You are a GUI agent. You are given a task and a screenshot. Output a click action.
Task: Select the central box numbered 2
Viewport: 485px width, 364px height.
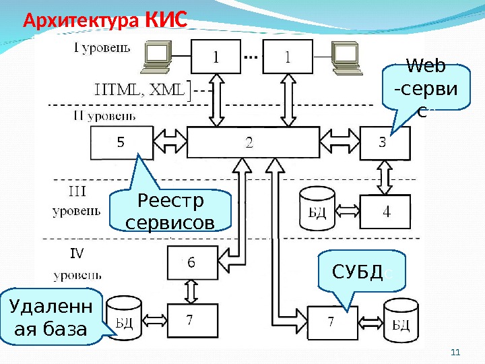[x=250, y=143]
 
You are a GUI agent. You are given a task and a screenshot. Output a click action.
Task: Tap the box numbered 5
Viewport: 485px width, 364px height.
[x=121, y=143]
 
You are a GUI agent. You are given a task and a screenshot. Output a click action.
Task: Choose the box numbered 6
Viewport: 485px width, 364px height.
[x=192, y=263]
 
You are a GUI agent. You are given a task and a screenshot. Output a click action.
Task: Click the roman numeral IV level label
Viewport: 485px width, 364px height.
[x=77, y=253]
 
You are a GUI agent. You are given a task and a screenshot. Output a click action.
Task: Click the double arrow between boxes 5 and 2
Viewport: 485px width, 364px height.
[x=168, y=143]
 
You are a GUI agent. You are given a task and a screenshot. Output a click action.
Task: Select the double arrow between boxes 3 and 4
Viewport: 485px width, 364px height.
[x=385, y=177]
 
